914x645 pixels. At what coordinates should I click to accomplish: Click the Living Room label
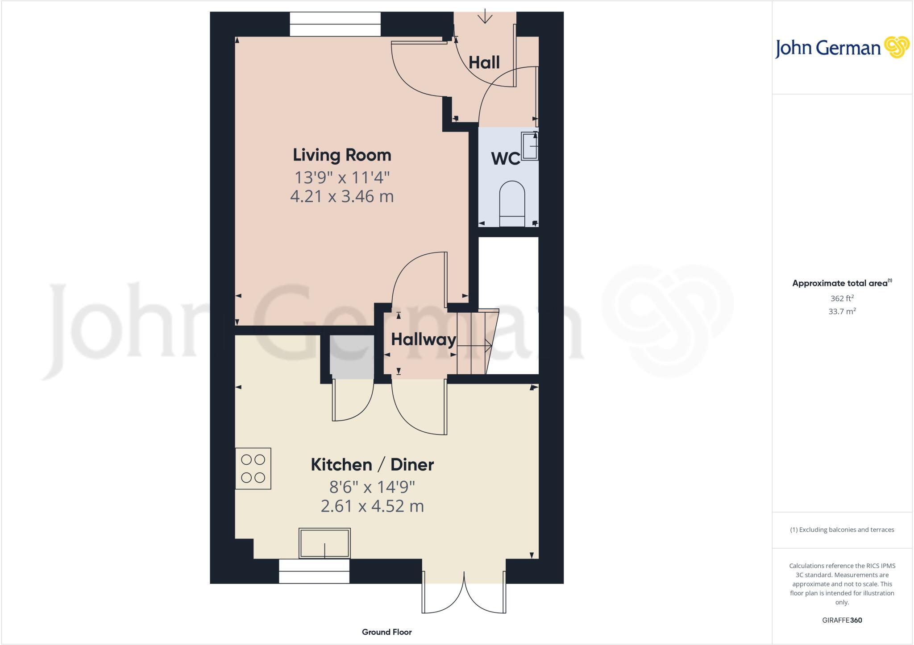pos(342,155)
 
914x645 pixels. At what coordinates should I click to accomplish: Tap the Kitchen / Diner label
pos(372,465)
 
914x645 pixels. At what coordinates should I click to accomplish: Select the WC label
pos(505,159)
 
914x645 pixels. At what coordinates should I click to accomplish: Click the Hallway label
pos(423,340)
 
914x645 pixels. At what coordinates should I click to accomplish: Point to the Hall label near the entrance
pos(484,62)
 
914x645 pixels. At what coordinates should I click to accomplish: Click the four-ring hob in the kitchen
pos(253,468)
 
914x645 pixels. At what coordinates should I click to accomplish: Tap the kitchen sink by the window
pos(324,543)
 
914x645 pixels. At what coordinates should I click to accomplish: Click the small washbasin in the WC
pos(530,146)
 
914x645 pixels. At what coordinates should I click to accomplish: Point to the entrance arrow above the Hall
pos(485,17)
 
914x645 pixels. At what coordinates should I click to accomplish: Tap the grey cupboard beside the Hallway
pos(352,357)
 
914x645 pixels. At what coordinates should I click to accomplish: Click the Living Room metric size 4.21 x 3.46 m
pos(342,196)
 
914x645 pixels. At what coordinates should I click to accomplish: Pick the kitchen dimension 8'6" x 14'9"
pos(372,487)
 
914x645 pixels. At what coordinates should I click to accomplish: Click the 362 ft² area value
pos(842,298)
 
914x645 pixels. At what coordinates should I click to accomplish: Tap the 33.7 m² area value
pos(842,311)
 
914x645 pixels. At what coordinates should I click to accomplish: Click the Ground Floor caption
pos(386,632)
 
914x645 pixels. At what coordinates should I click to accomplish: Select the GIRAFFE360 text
pos(842,620)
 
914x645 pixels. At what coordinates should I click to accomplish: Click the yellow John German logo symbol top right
pos(896,47)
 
